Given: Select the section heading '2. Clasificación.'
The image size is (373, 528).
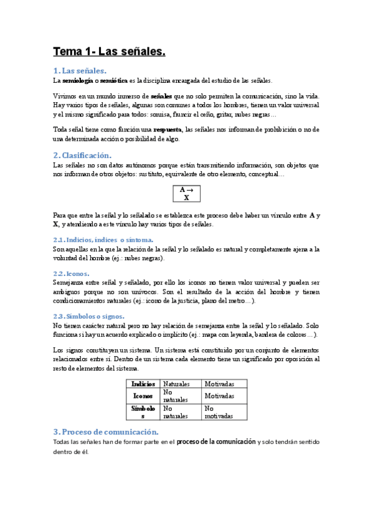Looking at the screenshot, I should pos(82,155).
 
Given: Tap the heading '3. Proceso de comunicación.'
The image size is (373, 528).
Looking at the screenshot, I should pos(106,431).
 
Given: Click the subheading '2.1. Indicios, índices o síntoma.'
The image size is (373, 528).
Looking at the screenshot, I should pos(103,239).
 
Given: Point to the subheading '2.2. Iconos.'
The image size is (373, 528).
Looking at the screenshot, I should pos(71,273).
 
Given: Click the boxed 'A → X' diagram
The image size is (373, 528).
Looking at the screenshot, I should pos(186,193).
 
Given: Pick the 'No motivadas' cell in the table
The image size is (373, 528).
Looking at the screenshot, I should pos(219,412).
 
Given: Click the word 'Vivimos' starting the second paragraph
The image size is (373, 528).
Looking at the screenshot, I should pos(65,97).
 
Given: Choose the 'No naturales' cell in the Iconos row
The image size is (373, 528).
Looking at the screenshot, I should pos(175,396).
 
